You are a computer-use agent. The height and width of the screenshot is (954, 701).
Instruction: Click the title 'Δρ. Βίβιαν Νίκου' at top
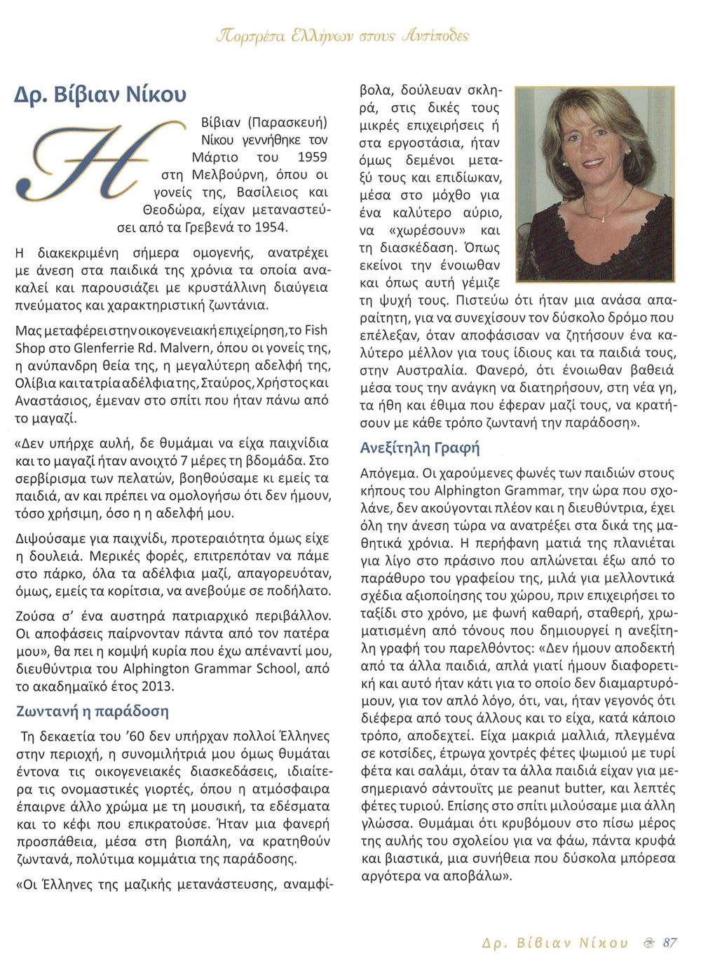pyautogui.click(x=101, y=93)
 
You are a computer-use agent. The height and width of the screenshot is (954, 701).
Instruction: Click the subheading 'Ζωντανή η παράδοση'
pyautogui.click(x=93, y=711)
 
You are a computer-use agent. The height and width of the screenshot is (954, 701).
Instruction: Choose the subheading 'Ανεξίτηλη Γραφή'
pyautogui.click(x=420, y=448)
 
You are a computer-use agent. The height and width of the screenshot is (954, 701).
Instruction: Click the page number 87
pyautogui.click(x=669, y=942)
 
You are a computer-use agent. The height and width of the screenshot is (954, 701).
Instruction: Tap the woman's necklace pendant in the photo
pyautogui.click(x=603, y=219)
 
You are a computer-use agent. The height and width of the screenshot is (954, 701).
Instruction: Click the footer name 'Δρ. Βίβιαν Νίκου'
pyautogui.click(x=555, y=942)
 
